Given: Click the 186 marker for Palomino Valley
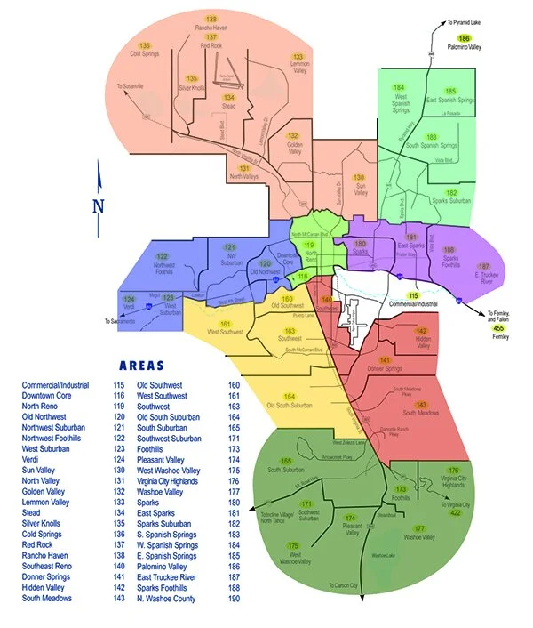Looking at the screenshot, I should [464, 38].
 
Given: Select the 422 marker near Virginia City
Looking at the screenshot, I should [455, 513].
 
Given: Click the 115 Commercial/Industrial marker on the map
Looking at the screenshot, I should [413, 294].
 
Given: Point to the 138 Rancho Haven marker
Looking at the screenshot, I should [211, 19].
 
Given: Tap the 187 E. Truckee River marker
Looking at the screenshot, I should [483, 266].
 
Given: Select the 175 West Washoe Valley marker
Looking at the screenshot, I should [293, 545].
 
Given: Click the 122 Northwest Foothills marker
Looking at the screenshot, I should [162, 256].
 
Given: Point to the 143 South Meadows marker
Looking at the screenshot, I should [422, 405].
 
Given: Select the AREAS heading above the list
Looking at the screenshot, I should [148, 365].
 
